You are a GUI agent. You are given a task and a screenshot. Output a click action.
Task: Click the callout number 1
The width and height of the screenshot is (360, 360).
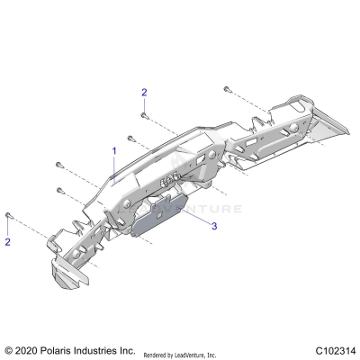(x=113, y=149)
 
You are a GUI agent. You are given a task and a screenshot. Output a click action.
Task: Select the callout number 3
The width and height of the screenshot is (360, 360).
(x=214, y=229)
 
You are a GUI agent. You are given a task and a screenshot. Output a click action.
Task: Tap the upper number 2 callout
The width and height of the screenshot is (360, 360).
(x=143, y=93)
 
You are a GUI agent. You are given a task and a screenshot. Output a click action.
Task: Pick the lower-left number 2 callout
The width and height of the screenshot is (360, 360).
(x=8, y=242)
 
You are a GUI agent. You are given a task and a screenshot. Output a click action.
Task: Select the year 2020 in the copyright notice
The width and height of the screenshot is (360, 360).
(x=29, y=349)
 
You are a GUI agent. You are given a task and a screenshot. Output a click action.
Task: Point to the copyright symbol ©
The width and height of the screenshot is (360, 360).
(x=9, y=349)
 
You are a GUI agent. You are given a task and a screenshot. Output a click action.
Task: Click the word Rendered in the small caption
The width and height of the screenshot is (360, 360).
(x=157, y=355)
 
